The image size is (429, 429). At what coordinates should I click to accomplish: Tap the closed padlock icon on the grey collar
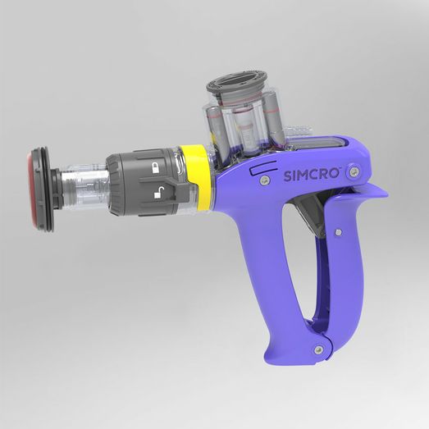coord(155,168)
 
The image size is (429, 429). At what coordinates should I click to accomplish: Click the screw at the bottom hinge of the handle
coord(318,349)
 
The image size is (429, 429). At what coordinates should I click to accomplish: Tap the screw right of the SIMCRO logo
coord(354,171)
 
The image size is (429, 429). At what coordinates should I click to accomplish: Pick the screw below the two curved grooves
coord(264,180)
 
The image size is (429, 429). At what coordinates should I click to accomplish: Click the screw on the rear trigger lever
coord(336,233)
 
